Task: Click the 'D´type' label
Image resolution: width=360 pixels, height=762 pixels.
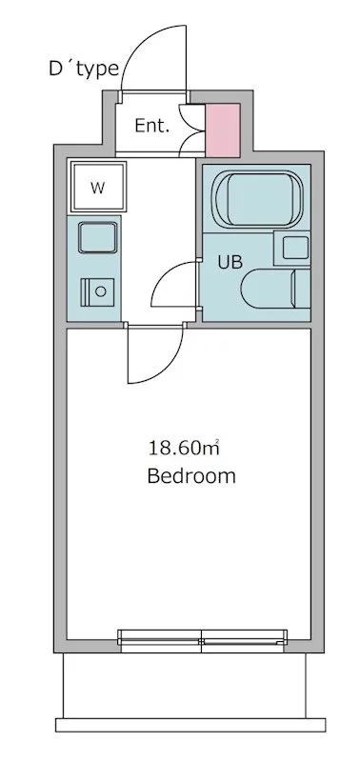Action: click(x=84, y=69)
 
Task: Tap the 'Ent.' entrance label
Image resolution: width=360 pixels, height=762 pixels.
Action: click(x=152, y=127)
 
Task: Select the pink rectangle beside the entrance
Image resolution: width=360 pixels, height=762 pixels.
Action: click(x=223, y=130)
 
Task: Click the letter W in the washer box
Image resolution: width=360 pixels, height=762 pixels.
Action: click(x=98, y=188)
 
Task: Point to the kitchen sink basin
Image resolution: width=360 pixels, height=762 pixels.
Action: click(x=98, y=237)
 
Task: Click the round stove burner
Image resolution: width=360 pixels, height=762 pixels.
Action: click(x=101, y=291)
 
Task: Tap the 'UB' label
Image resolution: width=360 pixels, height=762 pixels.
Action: click(x=230, y=263)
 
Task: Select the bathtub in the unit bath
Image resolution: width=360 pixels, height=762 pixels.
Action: click(x=258, y=199)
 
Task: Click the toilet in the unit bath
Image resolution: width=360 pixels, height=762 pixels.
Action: click(x=275, y=289)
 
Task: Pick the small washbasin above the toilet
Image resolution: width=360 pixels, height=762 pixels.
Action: click(x=293, y=248)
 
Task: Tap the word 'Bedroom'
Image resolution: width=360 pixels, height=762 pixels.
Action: click(x=191, y=475)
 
